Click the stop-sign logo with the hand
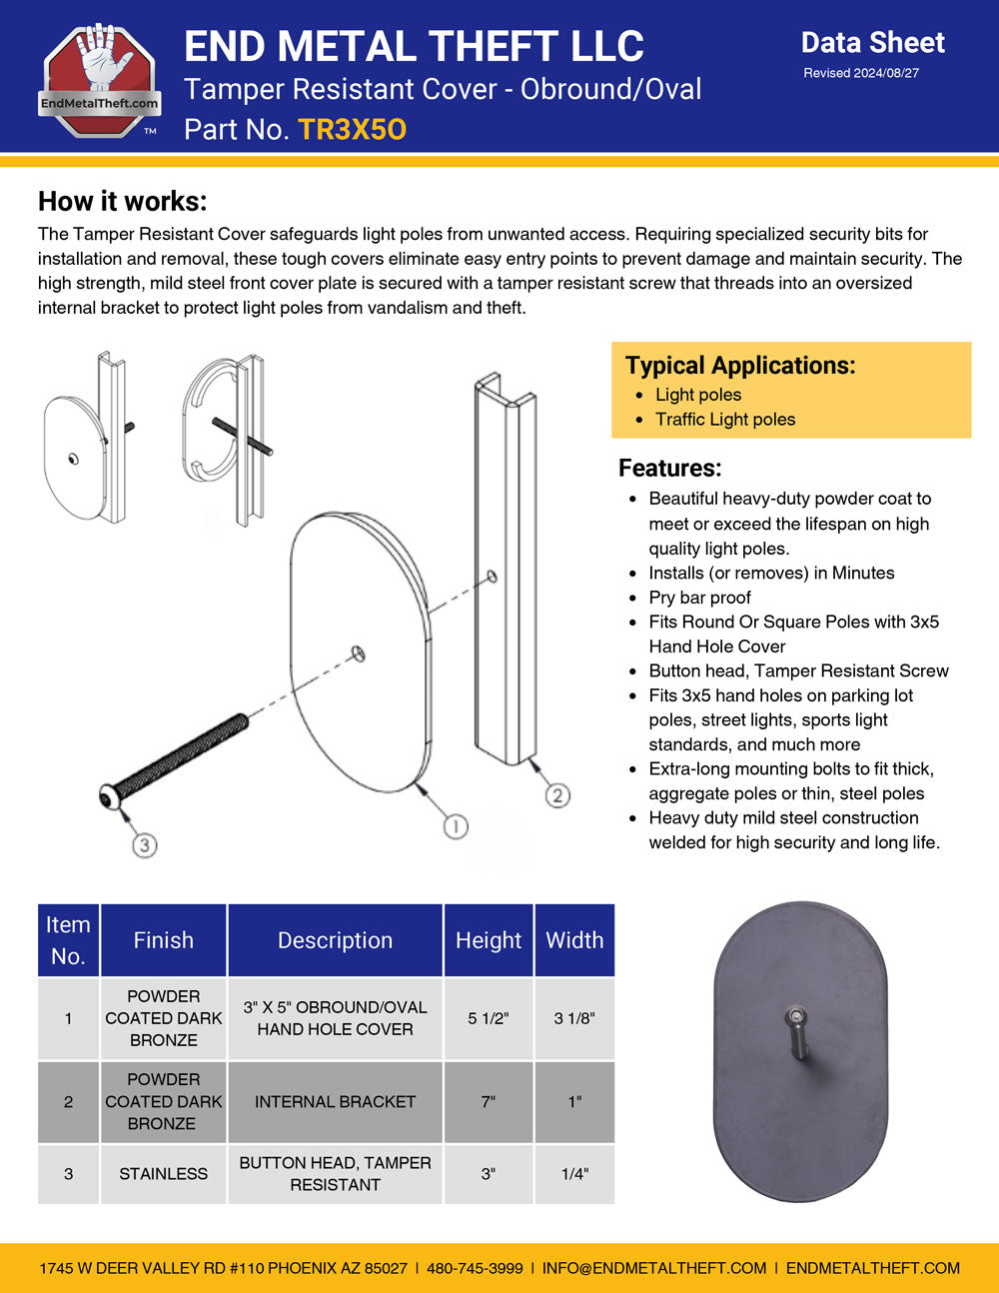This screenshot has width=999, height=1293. pos(99,79)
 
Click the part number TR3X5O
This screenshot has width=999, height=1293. pos(352,130)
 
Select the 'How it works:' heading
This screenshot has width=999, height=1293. pos(122,201)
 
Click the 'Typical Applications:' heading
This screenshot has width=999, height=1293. pos(740,366)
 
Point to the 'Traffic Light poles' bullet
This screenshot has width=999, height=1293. pos(725,420)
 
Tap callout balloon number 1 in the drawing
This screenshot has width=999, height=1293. pos(456,826)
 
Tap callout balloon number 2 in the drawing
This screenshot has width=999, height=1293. pos(557,795)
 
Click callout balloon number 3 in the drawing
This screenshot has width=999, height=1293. pos(145,845)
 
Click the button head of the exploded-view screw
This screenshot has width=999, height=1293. pos(110,796)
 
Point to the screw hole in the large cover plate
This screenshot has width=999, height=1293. pos(359,654)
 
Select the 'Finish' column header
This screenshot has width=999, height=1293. pos(164,940)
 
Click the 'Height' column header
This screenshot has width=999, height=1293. pos(489,940)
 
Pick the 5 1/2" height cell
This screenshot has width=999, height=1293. pos(489,1018)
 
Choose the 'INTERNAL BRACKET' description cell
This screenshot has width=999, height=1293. pos(335,1101)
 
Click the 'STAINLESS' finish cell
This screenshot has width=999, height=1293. pos(164,1174)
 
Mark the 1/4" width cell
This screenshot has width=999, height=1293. pos(574,1174)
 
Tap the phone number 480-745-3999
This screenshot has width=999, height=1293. pos(475,1268)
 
